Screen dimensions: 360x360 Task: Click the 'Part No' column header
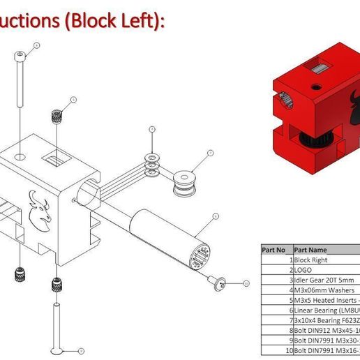coord(273,248)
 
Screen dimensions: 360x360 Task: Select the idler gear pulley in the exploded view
coord(184,183)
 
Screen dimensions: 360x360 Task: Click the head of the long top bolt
coord(22,55)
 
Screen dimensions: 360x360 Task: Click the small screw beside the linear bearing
coord(220,282)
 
